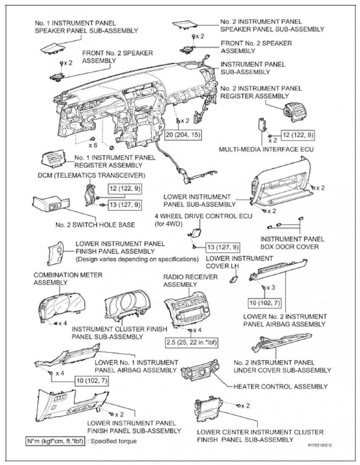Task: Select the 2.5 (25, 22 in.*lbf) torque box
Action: point(191,342)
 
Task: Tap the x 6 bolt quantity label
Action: point(93,146)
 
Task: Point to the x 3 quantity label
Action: point(271,288)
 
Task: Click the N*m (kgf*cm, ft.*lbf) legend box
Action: point(56,441)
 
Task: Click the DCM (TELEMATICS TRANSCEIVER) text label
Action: point(92,175)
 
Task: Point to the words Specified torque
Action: point(114,441)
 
